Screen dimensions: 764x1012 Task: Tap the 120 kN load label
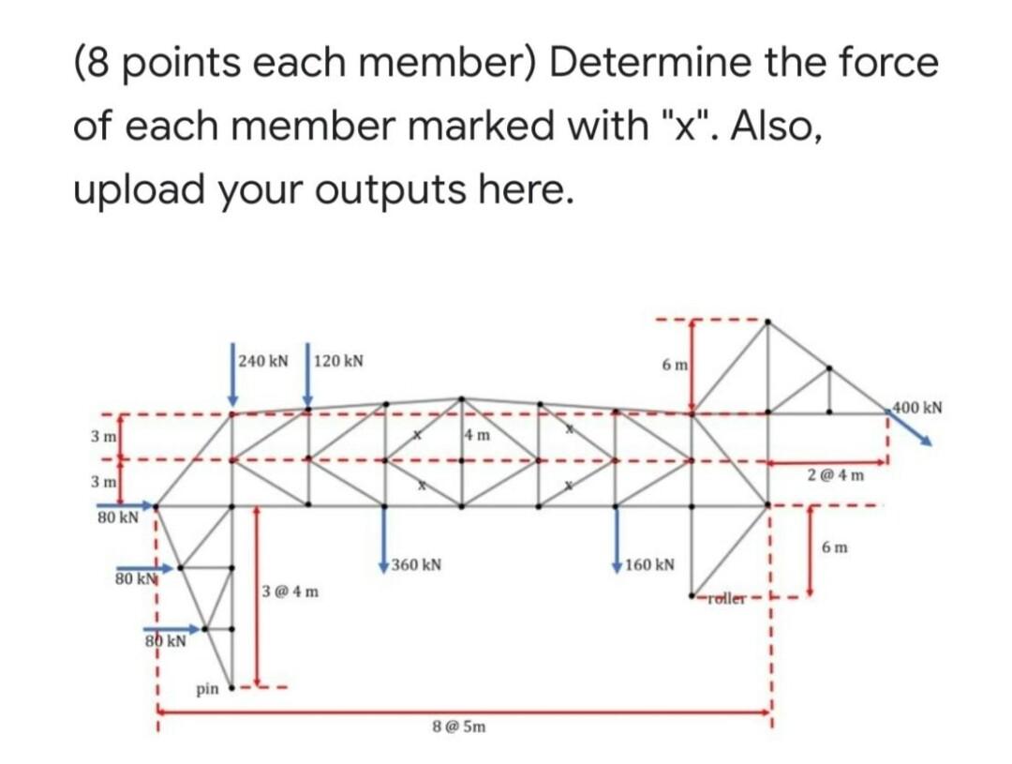(339, 361)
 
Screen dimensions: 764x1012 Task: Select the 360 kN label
(417, 565)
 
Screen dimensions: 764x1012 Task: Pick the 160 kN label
(649, 565)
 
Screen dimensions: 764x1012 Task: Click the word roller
(725, 598)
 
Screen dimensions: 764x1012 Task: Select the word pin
(207, 689)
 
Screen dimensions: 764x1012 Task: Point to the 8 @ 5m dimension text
(458, 726)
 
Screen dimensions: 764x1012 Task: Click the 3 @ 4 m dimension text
(291, 592)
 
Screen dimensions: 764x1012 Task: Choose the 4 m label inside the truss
(476, 435)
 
